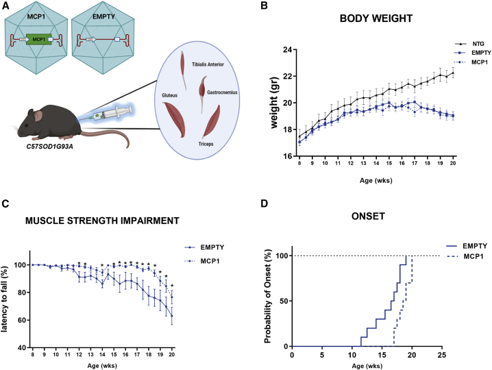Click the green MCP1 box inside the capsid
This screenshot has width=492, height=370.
point(39,40)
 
